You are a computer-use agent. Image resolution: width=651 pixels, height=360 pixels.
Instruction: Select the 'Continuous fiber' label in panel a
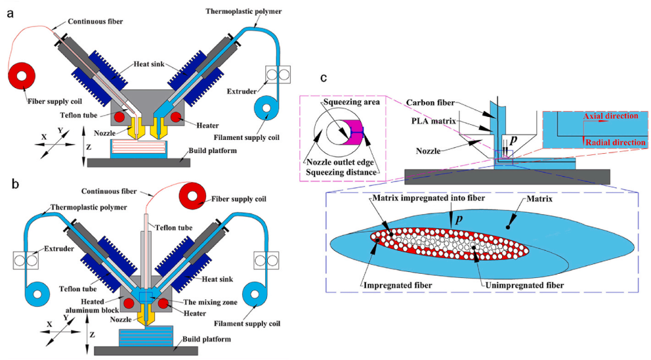[96, 22]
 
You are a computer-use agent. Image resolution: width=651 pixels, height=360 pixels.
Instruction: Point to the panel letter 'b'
[10, 184]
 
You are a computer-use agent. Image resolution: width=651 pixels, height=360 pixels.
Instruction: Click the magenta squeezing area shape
[353, 132]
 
